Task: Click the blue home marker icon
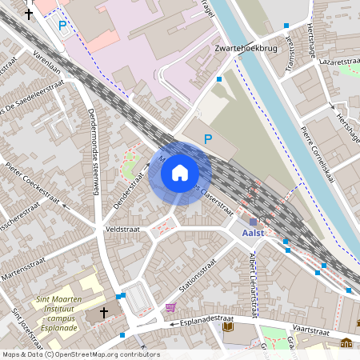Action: coord(180,173)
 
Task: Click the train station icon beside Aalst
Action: coord(254,222)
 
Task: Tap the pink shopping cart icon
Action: coord(170,307)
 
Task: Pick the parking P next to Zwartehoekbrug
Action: coord(208,138)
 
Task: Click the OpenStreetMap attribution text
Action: coord(80,354)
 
